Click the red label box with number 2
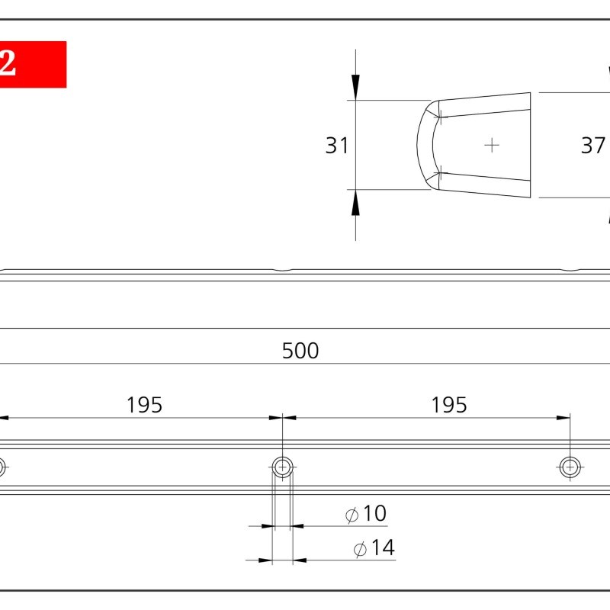(x=33, y=64)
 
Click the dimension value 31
(x=337, y=146)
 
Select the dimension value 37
(x=593, y=146)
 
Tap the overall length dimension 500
(x=300, y=351)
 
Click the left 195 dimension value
(x=144, y=405)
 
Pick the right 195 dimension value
(x=449, y=405)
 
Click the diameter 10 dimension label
(x=366, y=513)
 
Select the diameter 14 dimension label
(x=374, y=547)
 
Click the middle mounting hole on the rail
(x=282, y=467)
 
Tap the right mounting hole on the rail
(x=570, y=467)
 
